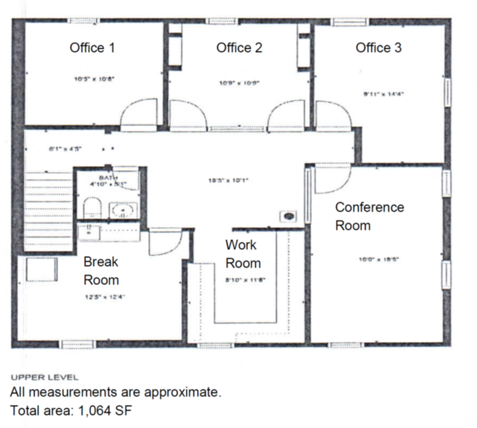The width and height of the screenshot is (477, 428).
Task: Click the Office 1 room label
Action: click(x=92, y=47)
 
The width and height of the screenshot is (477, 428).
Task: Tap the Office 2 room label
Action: click(x=239, y=47)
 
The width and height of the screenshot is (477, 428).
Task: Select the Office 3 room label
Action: click(x=379, y=47)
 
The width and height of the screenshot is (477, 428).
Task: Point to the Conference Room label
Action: click(x=369, y=216)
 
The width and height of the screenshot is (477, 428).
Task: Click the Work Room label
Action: click(x=242, y=254)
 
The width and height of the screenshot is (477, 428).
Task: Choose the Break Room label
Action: click(x=101, y=271)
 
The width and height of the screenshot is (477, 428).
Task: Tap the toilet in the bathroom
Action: click(x=92, y=207)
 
